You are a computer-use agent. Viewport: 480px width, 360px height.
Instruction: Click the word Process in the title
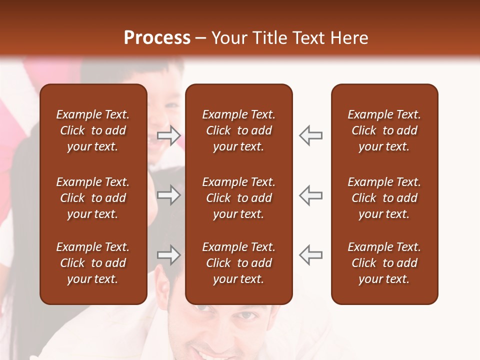point(157,38)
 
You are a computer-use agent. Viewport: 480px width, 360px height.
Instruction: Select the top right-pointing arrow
point(168,135)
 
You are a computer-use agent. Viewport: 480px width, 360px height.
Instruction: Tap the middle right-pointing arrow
point(168,195)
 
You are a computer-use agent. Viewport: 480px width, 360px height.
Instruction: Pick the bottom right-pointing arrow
point(168,255)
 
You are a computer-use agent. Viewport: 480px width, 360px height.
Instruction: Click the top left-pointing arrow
point(311,135)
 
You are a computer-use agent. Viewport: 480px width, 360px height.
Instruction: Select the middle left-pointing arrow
point(311,195)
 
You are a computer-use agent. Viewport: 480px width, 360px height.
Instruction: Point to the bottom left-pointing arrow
point(311,255)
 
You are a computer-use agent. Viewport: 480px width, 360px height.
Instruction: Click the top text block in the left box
point(93,130)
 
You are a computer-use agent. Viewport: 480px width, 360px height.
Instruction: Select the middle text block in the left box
point(93,198)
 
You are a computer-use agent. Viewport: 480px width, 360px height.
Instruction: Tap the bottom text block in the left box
point(93,263)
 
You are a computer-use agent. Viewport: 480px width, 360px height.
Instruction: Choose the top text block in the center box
point(238,130)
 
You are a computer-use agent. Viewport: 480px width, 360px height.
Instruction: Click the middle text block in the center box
point(238,198)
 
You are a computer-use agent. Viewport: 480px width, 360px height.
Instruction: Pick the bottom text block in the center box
point(238,263)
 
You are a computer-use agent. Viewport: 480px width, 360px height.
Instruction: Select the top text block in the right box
point(384,130)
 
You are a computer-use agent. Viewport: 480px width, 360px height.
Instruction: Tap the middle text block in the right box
point(384,198)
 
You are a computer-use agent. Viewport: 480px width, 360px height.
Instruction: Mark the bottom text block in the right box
point(384,263)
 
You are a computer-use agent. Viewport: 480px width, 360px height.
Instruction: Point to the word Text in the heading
point(307,38)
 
